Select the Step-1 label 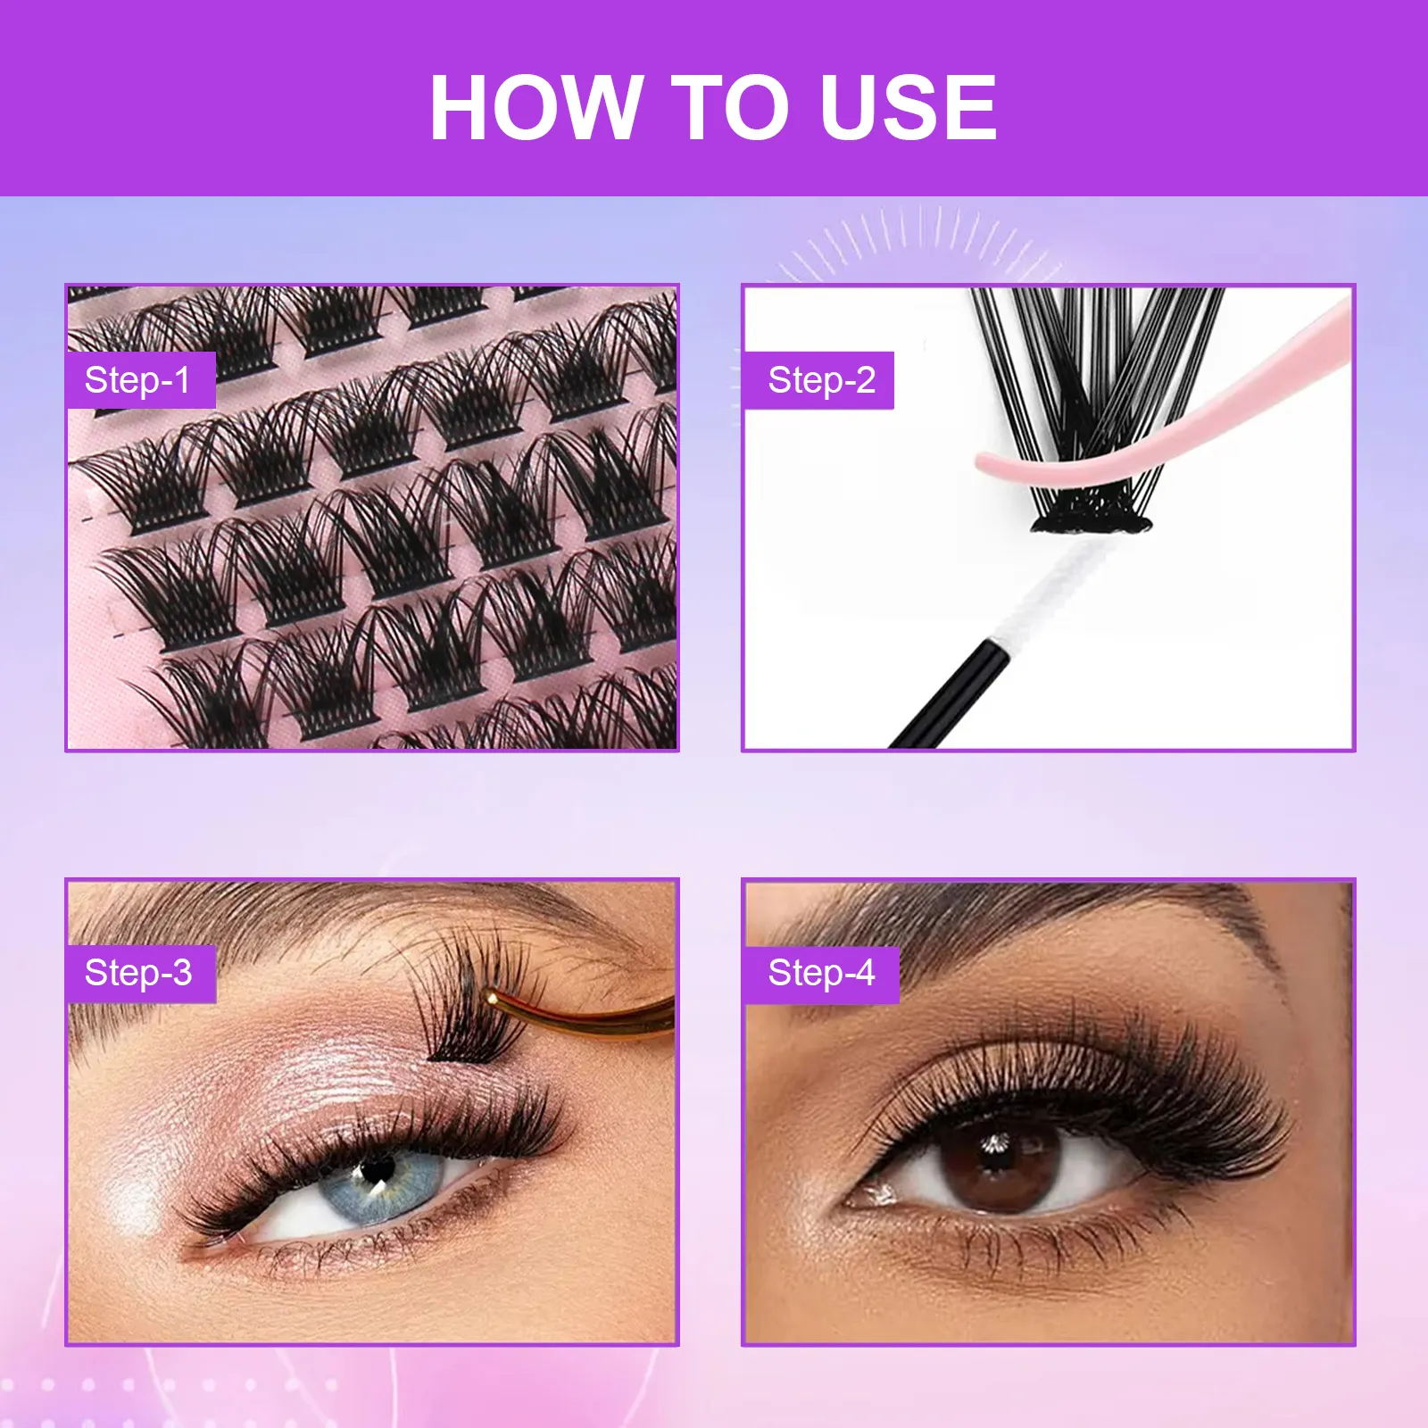pos(138,380)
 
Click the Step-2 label pos(820,380)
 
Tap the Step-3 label pos(139,973)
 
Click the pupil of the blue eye pos(377,1166)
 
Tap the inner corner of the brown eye pos(870,1196)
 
